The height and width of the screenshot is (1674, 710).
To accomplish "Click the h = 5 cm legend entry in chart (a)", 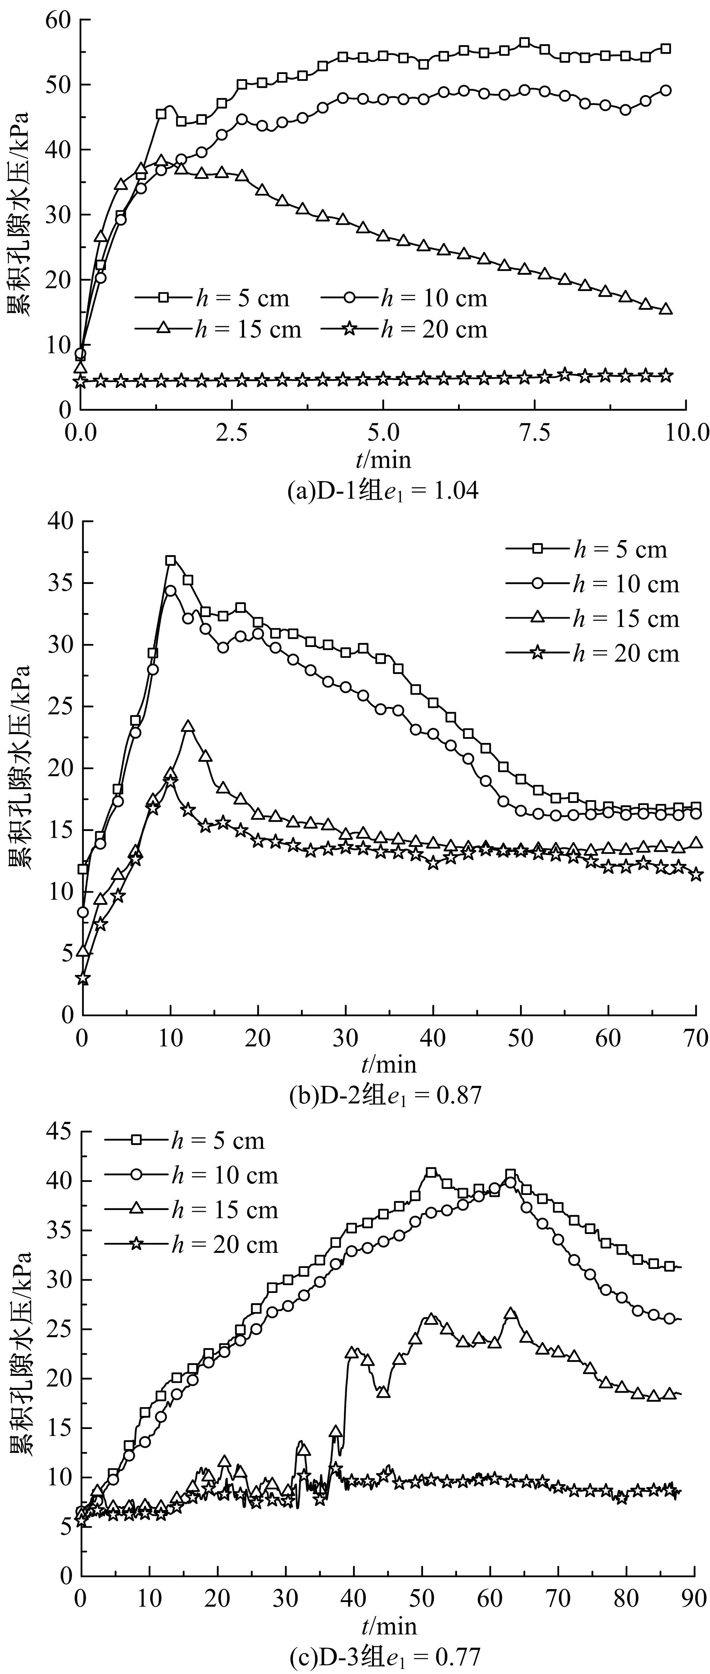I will tap(213, 298).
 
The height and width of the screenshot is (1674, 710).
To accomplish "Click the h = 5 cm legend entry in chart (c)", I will tap(185, 1141).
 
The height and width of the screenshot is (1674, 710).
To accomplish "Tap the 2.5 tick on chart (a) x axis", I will tap(232, 433).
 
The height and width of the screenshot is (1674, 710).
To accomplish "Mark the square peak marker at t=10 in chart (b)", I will tap(170, 560).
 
